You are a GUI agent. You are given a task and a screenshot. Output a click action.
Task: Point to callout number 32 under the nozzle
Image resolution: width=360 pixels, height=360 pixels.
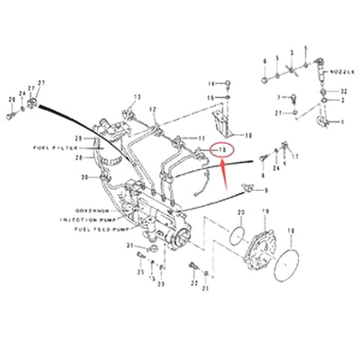[344, 93]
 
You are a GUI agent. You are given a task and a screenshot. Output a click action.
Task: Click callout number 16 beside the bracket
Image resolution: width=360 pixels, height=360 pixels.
[249, 134]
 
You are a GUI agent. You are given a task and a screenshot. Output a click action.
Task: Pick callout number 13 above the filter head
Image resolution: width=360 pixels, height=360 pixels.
[138, 96]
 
